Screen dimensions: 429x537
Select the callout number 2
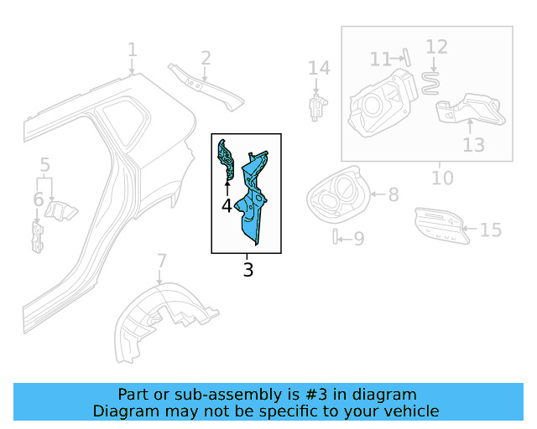(206, 58)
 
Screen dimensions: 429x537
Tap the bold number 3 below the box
(248, 270)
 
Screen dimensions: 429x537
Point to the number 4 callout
(227, 205)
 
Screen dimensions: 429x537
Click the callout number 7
(162, 261)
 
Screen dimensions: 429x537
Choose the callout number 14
(319, 68)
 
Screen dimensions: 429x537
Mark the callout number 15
(490, 229)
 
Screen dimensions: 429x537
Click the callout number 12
(437, 47)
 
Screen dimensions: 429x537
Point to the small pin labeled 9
(336, 238)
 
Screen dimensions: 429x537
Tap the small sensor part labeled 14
(317, 107)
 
